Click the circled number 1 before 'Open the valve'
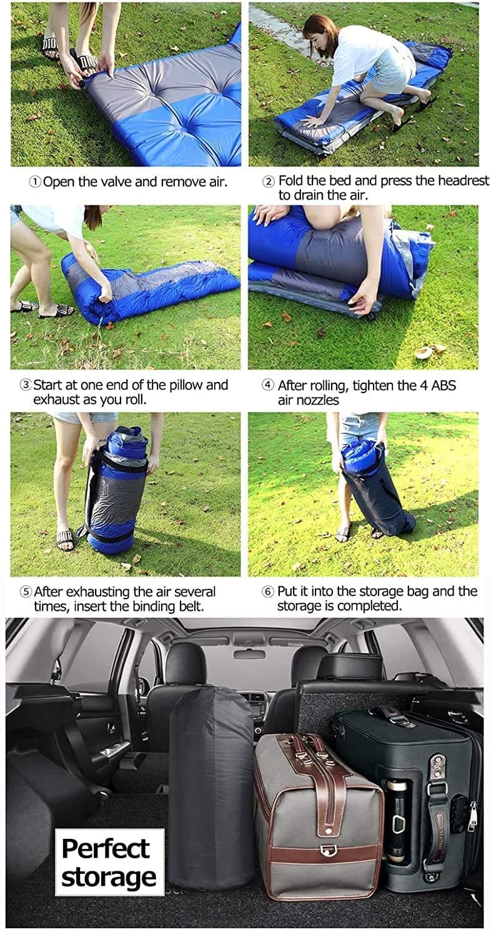pyautogui.click(x=36, y=182)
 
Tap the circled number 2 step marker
pyautogui.click(x=269, y=182)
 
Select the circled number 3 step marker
pyautogui.click(x=26, y=385)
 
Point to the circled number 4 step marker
pyautogui.click(x=268, y=385)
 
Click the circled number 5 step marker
pyautogui.click(x=26, y=592)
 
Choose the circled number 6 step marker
pyautogui.click(x=268, y=591)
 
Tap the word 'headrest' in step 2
pyautogui.click(x=464, y=180)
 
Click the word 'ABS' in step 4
pyautogui.click(x=444, y=385)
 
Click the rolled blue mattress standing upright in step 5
pyautogui.click(x=119, y=490)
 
